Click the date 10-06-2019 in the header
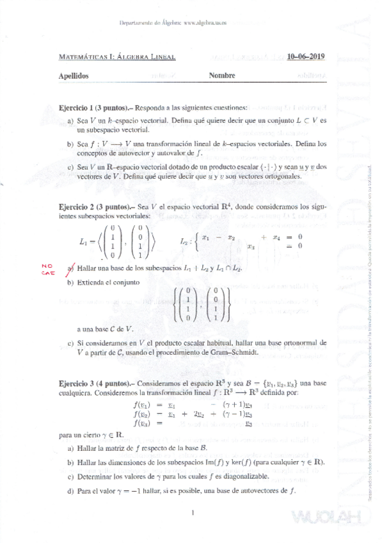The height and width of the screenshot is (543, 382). (306, 56)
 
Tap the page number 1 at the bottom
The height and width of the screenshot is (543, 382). (192, 512)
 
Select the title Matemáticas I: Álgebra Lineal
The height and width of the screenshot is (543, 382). (116, 56)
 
